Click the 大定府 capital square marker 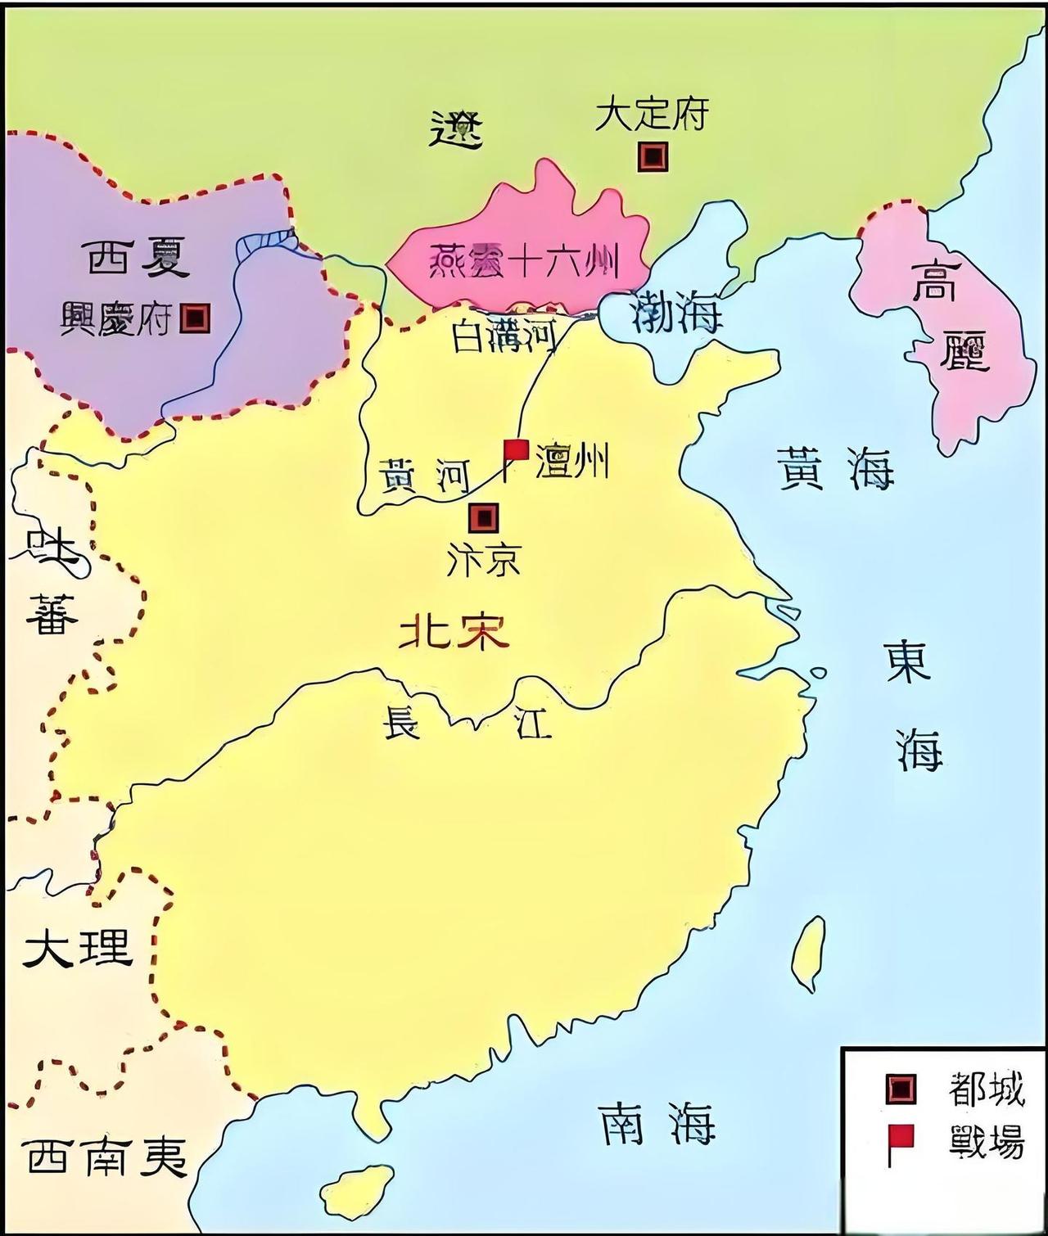(x=653, y=156)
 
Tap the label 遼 (x=456, y=129)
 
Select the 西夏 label (x=138, y=257)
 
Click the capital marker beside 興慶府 (x=196, y=318)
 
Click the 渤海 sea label (x=678, y=312)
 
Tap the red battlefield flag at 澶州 (x=515, y=451)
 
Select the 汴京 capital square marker (x=483, y=517)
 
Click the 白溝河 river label (x=504, y=336)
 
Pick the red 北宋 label (x=453, y=632)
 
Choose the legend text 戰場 (x=987, y=1140)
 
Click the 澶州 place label (x=571, y=460)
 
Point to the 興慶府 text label (x=116, y=318)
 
